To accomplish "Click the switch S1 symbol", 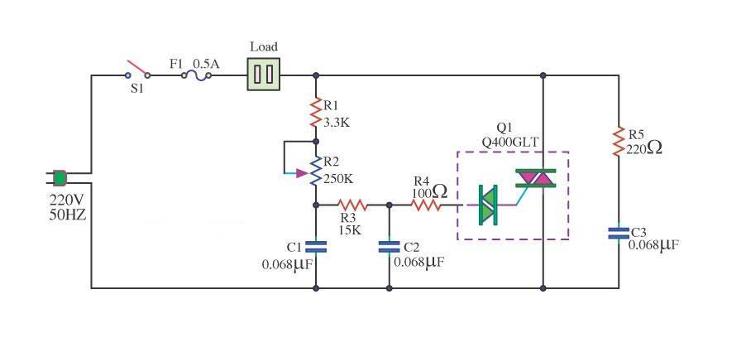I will pyautogui.click(x=137, y=70).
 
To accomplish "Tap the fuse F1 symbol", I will pyautogui.click(x=196, y=75).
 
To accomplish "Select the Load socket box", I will pyautogui.click(x=263, y=74).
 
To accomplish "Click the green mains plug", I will pyautogui.click(x=59, y=177).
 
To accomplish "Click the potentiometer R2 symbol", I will pyautogui.click(x=315, y=172).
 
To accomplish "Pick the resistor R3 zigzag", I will pyautogui.click(x=351, y=205).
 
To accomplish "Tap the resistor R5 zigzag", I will pyautogui.click(x=618, y=141).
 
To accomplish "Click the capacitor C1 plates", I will pyautogui.click(x=316, y=246).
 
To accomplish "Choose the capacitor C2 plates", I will pyautogui.click(x=389, y=246).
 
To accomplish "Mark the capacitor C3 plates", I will pyautogui.click(x=618, y=233).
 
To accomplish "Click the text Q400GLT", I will pyautogui.click(x=510, y=142).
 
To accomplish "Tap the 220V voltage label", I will pyautogui.click(x=69, y=200).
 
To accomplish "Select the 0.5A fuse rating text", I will pyautogui.click(x=206, y=62).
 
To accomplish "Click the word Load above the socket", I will pyautogui.click(x=263, y=46).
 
